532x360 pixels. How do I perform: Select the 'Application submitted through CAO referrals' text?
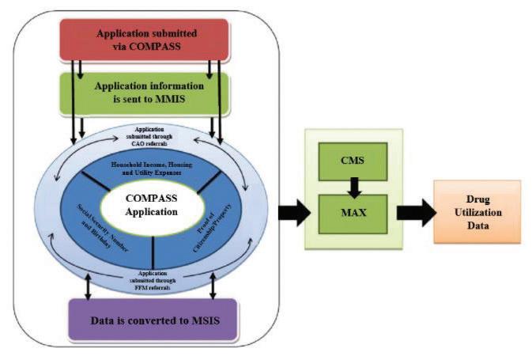click(150, 136)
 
